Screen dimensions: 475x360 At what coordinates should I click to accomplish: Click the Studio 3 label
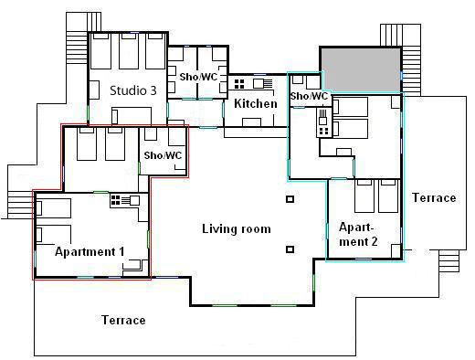tap(133, 90)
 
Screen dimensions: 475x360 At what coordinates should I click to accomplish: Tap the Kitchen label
tap(256, 103)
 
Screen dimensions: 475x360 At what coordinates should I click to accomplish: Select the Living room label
tap(237, 228)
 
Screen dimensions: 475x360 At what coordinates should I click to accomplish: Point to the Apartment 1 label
tap(90, 251)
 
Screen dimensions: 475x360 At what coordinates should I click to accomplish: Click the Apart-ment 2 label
tap(358, 234)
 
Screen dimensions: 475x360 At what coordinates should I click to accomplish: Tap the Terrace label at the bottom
tap(123, 320)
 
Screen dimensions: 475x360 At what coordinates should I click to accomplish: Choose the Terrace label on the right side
tap(434, 197)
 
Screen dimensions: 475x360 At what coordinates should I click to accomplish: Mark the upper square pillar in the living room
tap(290, 199)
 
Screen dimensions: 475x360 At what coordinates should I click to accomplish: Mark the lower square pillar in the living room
tap(290, 249)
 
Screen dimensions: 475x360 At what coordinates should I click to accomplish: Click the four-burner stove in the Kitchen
tap(239, 84)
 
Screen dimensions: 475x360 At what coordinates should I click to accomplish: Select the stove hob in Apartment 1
tap(115, 200)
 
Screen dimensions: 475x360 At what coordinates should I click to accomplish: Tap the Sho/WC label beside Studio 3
tap(198, 77)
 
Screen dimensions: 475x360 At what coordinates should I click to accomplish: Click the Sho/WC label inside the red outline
tap(163, 155)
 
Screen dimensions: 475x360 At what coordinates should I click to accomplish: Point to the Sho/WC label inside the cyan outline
tap(309, 96)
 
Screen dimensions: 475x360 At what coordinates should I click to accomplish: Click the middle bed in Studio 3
tap(129, 51)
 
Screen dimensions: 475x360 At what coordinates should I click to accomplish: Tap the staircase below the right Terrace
tap(449, 261)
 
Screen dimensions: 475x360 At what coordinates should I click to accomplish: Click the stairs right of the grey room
tap(411, 70)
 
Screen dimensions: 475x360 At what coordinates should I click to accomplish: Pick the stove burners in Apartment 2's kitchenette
tap(323, 132)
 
